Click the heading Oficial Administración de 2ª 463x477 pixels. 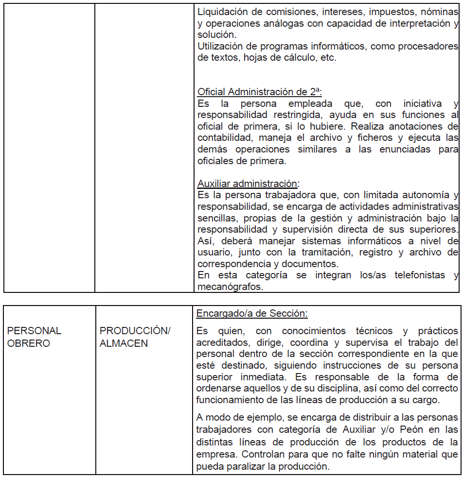tap(260, 92)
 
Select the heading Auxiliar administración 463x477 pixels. tap(249, 184)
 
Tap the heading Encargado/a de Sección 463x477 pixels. tap(252, 313)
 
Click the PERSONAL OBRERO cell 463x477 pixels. tap(34, 337)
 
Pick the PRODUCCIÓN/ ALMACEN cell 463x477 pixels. tap(135, 337)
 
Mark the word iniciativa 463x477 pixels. tap(422, 103)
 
